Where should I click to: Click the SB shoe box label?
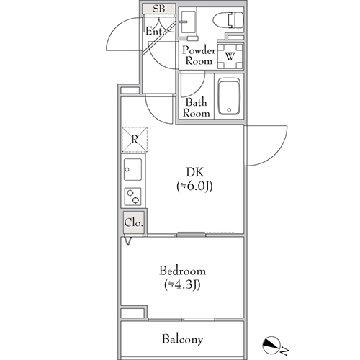click(x=159, y=9)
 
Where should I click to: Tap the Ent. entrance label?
click(x=155, y=31)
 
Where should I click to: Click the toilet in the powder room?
click(x=228, y=20)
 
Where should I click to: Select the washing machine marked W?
click(x=230, y=56)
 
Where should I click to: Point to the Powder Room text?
click(x=199, y=55)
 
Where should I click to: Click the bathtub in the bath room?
click(x=229, y=96)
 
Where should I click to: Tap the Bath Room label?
click(x=196, y=107)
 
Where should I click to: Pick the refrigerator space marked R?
click(x=135, y=140)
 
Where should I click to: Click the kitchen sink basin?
click(x=132, y=169)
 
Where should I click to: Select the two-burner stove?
click(x=132, y=197)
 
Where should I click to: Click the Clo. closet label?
click(x=134, y=223)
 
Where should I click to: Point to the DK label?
click(x=195, y=172)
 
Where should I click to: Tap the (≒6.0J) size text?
click(x=194, y=186)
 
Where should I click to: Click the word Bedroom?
click(x=182, y=271)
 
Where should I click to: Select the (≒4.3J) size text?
click(x=182, y=285)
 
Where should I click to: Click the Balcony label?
click(x=182, y=339)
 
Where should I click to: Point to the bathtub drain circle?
click(x=229, y=110)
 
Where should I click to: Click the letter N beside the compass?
click(x=284, y=351)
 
